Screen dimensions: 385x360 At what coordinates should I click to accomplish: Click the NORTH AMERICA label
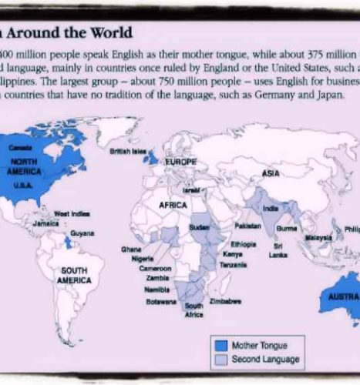[x=29, y=166]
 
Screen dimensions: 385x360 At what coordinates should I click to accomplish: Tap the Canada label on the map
[x=19, y=147]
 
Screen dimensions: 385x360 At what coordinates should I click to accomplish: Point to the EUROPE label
[x=181, y=162]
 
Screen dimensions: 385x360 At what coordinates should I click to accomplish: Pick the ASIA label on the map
[x=271, y=173]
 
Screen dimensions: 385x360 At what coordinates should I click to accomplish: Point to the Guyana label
[x=82, y=233]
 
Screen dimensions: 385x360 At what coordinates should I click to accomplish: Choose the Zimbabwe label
[x=225, y=301]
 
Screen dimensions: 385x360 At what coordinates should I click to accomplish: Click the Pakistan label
[x=247, y=228]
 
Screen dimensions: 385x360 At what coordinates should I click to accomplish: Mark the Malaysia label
[x=317, y=238]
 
